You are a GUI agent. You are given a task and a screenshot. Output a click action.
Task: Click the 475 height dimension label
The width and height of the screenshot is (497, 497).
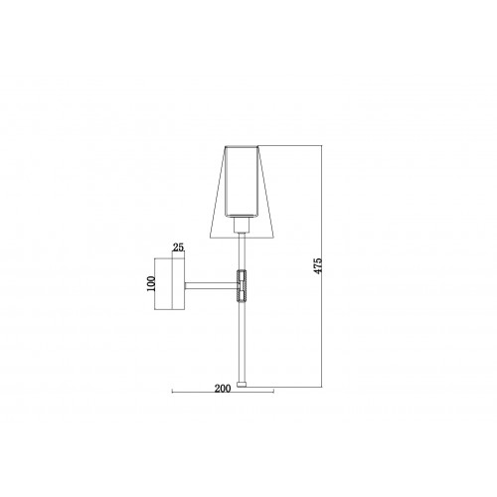pos(318,265)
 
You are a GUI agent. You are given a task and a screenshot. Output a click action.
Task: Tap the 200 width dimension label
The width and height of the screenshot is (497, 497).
pos(223,389)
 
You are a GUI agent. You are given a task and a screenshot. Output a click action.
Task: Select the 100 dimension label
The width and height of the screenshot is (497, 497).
pos(151,283)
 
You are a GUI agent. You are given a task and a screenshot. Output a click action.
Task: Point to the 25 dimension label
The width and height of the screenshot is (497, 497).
pos(178,248)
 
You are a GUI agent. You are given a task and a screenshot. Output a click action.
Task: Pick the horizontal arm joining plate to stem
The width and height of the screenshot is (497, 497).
pos(211,286)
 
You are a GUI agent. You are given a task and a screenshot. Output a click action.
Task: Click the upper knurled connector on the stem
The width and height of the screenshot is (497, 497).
pos(242,275)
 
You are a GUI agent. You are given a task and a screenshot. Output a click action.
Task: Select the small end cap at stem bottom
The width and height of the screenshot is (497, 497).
pos(242,385)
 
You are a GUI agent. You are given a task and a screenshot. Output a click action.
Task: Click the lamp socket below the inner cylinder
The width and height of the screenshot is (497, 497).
pos(242,225)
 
